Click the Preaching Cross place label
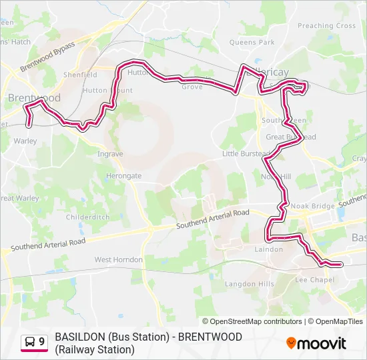point(326,26)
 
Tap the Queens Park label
point(252,42)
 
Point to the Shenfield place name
point(80,75)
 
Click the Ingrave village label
point(110,154)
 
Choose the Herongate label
point(123,175)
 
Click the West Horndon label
point(118,259)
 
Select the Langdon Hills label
point(249,284)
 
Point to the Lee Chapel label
point(314,280)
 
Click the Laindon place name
point(268,249)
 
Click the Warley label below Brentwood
point(25,141)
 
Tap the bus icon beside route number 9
point(30,342)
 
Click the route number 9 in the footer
point(42,342)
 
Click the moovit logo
point(316,343)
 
